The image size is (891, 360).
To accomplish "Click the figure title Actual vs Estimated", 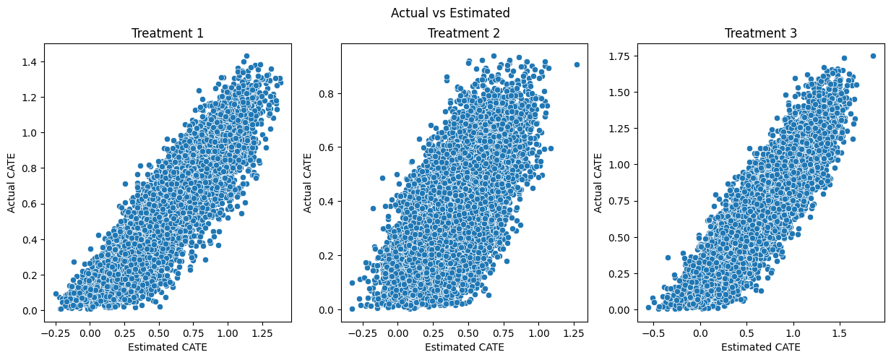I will [449, 13].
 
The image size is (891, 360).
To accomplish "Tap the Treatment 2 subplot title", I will [464, 33].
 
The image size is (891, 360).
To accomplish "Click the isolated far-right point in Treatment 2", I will [577, 64].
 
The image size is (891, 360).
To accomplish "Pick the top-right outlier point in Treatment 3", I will [873, 56].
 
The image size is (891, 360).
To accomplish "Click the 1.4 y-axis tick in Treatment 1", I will [31, 62].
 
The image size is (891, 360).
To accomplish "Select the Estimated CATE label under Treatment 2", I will [464, 347].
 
